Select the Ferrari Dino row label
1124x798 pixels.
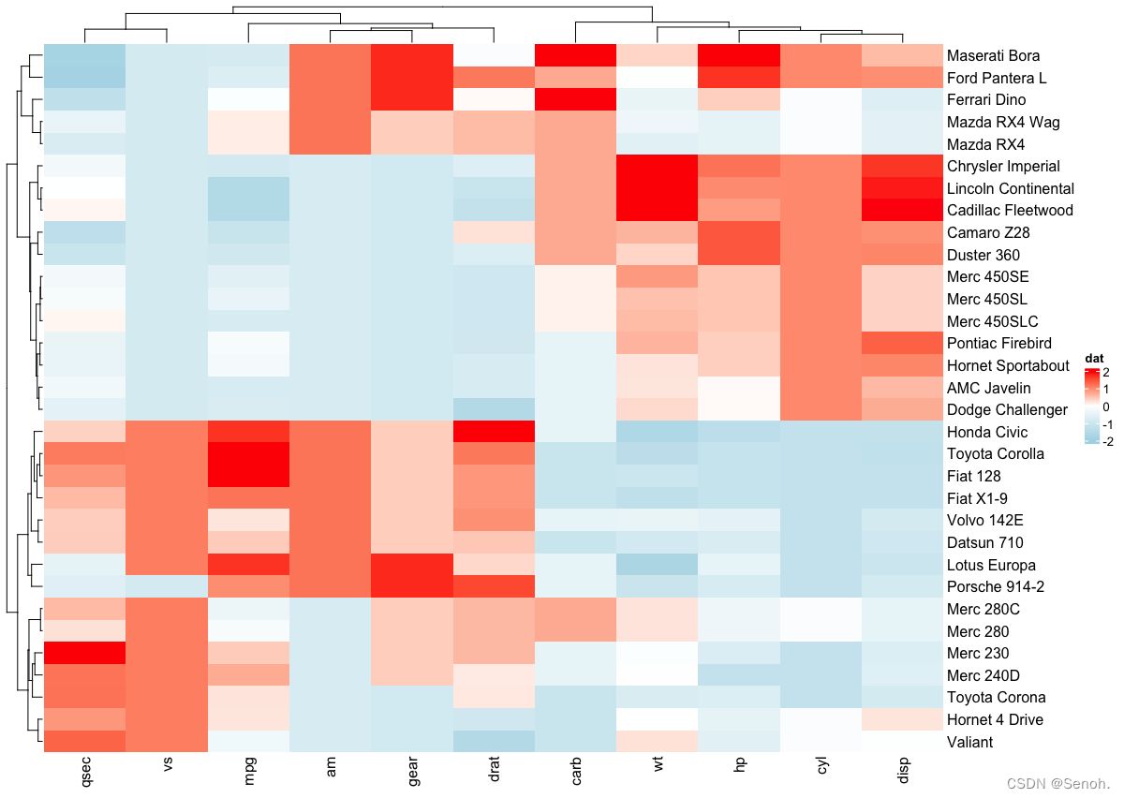point(986,99)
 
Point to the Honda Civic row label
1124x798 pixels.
point(987,432)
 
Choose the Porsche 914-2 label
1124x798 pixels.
point(995,587)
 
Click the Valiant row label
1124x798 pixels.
point(969,742)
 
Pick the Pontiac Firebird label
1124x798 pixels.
point(999,343)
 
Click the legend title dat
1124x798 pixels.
point(1094,358)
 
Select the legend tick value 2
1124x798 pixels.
point(1106,372)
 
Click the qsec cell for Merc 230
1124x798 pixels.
point(84,653)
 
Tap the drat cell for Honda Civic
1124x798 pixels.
point(494,432)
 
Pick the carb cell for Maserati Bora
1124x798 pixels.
point(576,55)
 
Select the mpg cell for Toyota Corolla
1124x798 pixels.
point(249,453)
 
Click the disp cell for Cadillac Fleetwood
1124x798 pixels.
point(903,210)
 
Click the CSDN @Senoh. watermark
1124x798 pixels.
point(1065,782)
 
